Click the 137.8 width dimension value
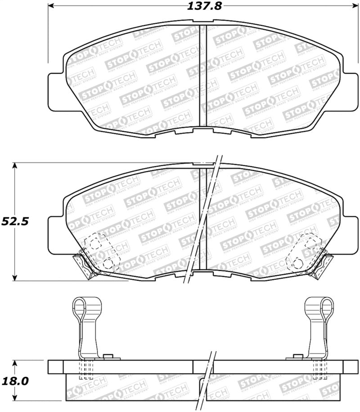(x=202, y=6)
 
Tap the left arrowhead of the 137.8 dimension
(x=51, y=6)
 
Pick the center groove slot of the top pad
(x=202, y=77)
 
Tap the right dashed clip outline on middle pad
(x=302, y=252)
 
